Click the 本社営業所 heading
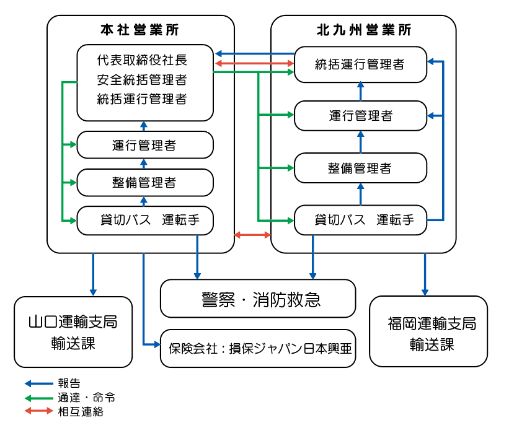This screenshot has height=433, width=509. click(x=141, y=30)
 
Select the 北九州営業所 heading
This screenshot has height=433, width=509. click(x=363, y=30)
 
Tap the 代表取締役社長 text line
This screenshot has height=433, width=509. click(x=142, y=61)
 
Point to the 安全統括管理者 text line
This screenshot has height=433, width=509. click(x=142, y=80)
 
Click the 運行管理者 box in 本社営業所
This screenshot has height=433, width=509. click(x=145, y=146)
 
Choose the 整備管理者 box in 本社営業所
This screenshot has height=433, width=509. click(x=145, y=182)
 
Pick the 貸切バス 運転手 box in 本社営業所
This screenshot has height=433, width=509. click(x=145, y=220)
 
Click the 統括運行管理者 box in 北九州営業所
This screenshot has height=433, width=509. click(x=360, y=64)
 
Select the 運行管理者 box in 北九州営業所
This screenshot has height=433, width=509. click(x=360, y=116)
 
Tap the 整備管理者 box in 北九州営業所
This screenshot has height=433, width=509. click(x=360, y=168)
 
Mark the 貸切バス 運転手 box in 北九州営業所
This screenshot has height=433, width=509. click(x=360, y=220)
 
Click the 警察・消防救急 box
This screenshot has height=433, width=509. click(x=258, y=299)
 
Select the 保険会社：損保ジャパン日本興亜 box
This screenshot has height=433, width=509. click(x=259, y=348)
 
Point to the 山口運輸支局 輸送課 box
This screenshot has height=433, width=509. click(x=73, y=332)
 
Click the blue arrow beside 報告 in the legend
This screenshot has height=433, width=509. click(x=38, y=383)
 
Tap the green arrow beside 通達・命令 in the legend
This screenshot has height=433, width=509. click(x=38, y=398)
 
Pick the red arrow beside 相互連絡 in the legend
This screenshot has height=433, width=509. click(x=38, y=411)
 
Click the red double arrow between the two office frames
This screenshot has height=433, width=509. click(x=253, y=235)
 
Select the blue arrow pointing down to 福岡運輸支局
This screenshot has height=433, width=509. click(x=425, y=273)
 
